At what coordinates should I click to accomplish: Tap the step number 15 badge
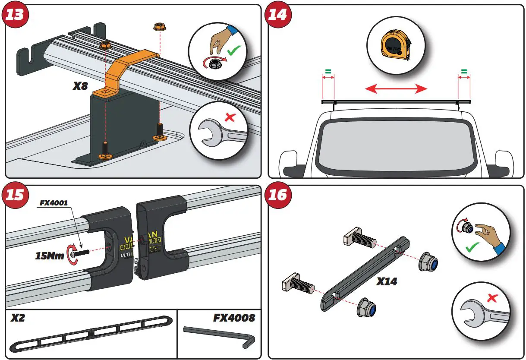(16, 196)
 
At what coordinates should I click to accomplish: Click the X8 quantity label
(80, 86)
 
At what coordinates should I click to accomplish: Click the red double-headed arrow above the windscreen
(396, 89)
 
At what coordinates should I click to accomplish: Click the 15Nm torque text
(50, 256)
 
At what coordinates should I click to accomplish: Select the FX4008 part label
(234, 319)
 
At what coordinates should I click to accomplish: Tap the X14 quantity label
(387, 281)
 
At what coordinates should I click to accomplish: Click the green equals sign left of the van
(328, 71)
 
